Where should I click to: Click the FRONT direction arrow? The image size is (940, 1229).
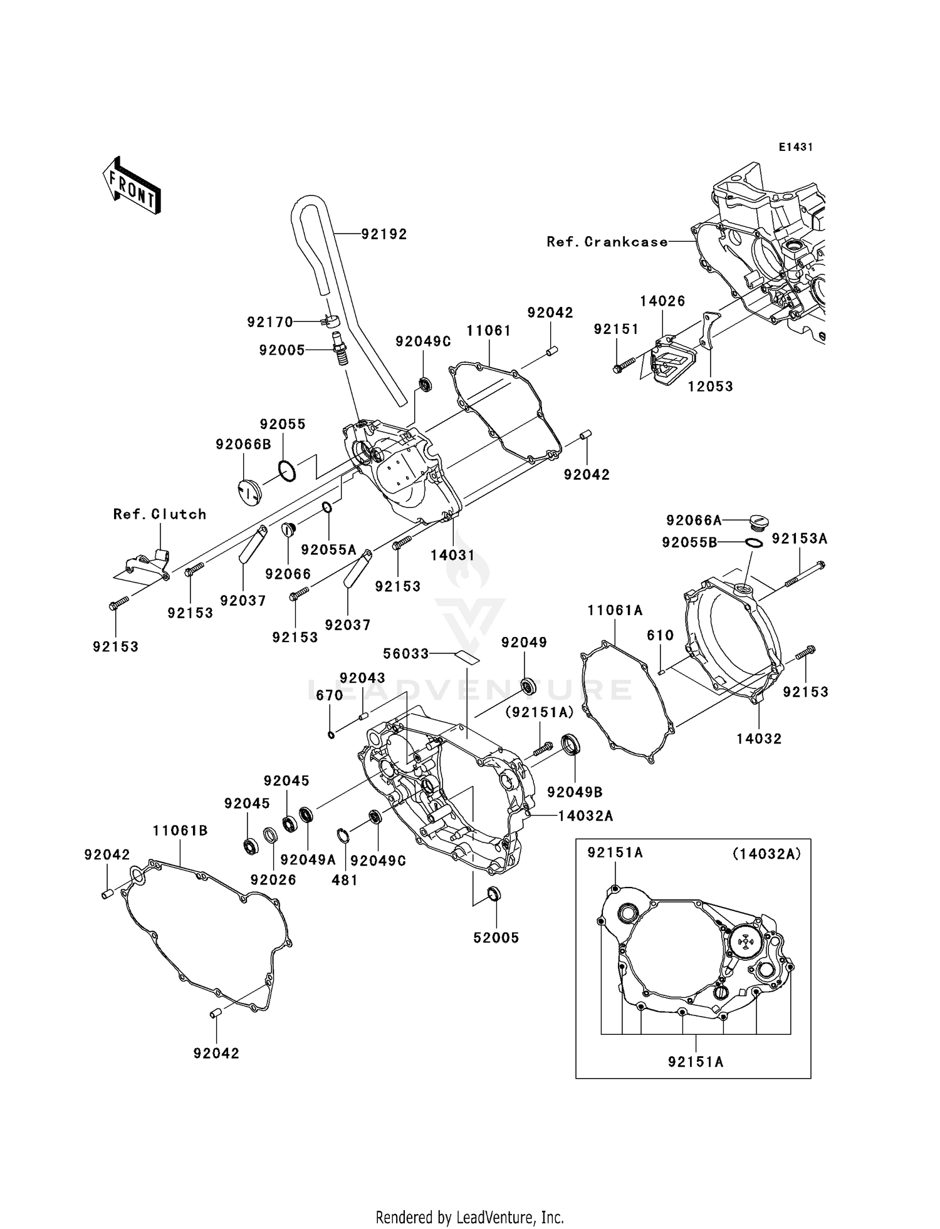click(132, 186)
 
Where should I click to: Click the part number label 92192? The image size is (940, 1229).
click(384, 234)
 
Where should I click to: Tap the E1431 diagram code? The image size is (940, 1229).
click(796, 147)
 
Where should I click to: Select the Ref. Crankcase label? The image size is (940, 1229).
click(607, 242)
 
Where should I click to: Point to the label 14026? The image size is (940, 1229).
click(662, 301)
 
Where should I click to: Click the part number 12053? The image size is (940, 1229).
click(710, 386)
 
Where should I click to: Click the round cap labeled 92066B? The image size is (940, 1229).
click(251, 492)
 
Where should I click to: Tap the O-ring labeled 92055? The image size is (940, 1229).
click(287, 470)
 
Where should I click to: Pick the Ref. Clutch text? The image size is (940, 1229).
click(159, 514)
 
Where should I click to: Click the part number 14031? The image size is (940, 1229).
click(452, 555)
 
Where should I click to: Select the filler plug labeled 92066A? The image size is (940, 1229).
click(758, 521)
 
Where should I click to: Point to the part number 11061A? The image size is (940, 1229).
click(615, 610)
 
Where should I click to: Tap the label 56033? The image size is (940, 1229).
click(405, 654)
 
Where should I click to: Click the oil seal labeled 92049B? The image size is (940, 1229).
click(571, 745)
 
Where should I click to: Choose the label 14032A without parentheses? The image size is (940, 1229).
click(585, 816)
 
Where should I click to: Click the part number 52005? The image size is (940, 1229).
click(496, 938)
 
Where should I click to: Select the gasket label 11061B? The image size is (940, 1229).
click(180, 831)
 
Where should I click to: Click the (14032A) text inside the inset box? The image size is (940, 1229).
click(766, 853)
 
